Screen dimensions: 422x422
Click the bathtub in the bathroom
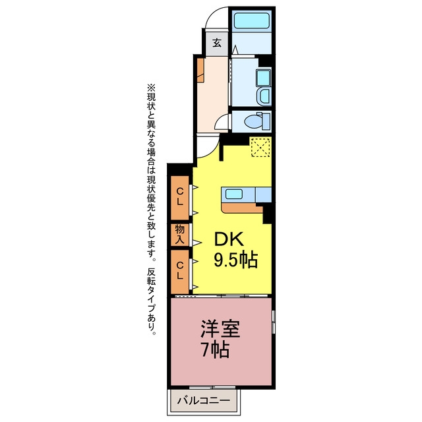[251, 20]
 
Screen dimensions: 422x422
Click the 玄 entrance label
[217, 43]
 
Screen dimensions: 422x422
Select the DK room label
[229, 239]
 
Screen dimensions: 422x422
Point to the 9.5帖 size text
[236, 260]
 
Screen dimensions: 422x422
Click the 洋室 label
[220, 329]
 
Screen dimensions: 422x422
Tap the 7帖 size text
[216, 349]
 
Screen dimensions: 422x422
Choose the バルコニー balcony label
[204, 400]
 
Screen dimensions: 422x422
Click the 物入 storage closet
[180, 235]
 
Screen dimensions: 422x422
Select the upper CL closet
[180, 198]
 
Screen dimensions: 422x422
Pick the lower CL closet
[180, 272]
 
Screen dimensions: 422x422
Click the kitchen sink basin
[234, 194]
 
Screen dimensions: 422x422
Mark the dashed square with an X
[260, 147]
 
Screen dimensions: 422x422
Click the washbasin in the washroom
[263, 77]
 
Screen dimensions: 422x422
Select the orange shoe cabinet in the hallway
[200, 70]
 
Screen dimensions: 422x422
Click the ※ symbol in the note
[151, 88]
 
